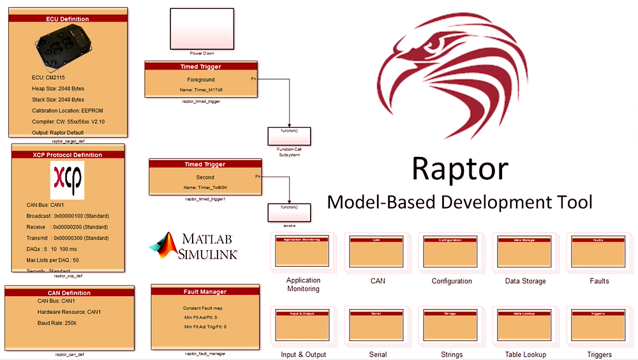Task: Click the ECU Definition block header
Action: [x=68, y=19]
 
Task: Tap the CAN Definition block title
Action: [x=69, y=293]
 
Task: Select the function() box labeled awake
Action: [x=289, y=212]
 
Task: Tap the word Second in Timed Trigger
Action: [x=205, y=177]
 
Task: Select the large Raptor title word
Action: [x=459, y=169]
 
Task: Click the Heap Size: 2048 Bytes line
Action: [x=58, y=88]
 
